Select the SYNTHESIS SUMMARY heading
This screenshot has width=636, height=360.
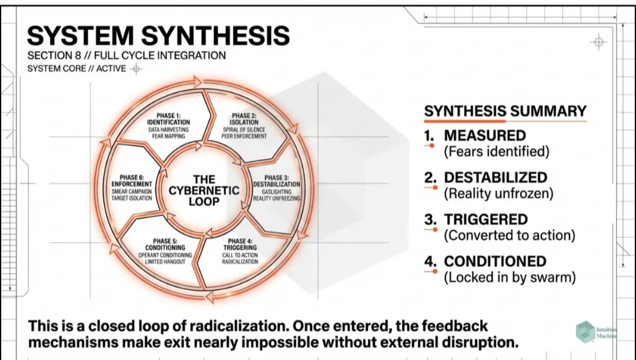coord(505,111)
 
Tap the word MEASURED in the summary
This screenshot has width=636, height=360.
coord(485,136)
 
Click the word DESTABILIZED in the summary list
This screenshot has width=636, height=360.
coord(495,178)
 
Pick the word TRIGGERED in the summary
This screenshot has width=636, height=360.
coord(486,220)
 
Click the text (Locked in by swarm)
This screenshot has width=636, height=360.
coord(509,277)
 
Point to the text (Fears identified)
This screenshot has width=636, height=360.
coord(496,151)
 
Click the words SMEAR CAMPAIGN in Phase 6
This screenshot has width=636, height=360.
coord(132,191)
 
